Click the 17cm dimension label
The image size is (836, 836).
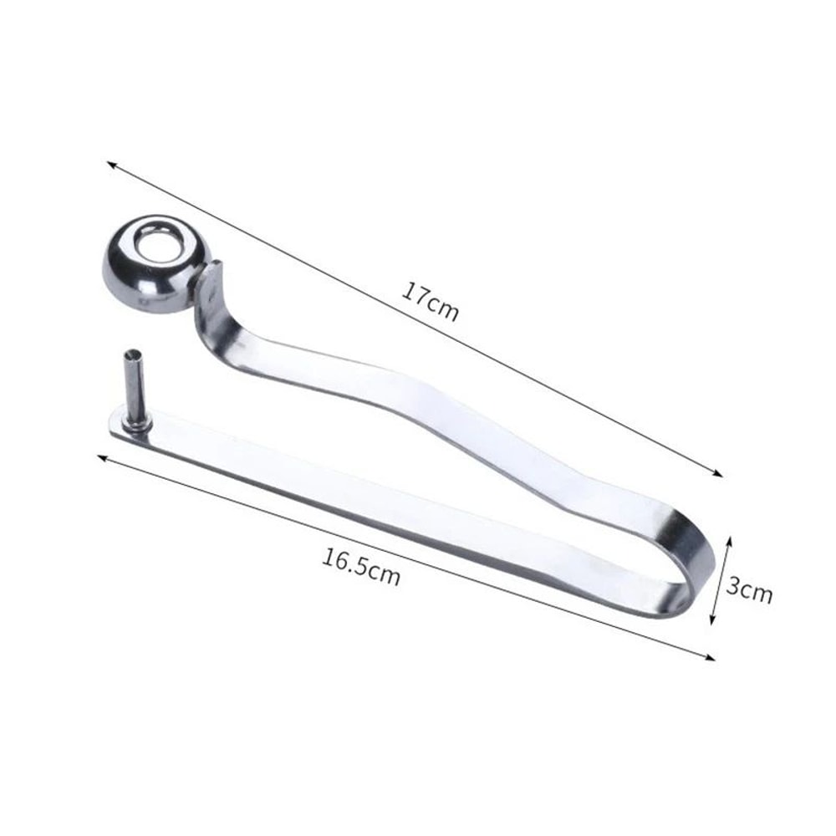(x=431, y=301)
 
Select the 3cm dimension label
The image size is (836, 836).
(x=748, y=590)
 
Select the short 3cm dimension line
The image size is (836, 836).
(x=721, y=580)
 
